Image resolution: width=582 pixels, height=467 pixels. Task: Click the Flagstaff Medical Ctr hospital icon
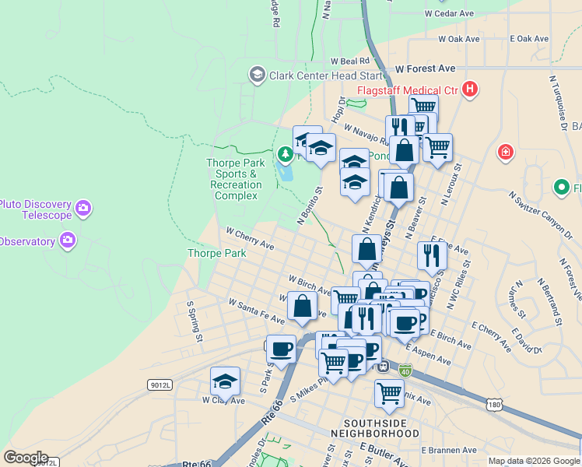(469, 90)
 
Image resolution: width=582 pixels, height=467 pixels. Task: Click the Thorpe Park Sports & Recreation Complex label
(236, 179)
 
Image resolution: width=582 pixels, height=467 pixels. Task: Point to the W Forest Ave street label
(425, 68)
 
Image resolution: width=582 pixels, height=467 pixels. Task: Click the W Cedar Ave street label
(449, 13)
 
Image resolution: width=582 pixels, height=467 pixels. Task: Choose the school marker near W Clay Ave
(225, 381)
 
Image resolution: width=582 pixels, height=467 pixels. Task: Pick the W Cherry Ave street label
(250, 238)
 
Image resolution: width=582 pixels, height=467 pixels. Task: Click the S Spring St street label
(194, 321)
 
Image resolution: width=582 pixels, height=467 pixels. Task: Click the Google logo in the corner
(26, 457)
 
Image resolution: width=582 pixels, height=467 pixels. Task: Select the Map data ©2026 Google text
(534, 461)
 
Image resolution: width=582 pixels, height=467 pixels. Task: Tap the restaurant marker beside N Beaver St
(431, 255)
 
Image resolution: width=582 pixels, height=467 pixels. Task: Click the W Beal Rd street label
(349, 61)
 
